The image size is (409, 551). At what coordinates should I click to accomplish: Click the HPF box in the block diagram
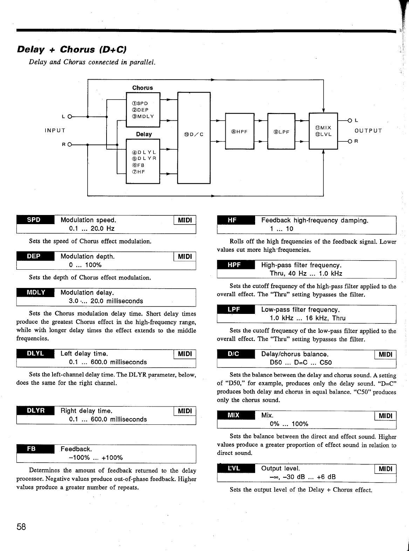[239, 132]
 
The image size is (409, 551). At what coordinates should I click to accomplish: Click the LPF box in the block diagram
[281, 132]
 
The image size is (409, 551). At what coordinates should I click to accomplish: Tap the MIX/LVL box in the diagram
[323, 131]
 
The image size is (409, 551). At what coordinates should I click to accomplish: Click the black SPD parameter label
[34, 220]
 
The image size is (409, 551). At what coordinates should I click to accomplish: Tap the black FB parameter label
[34, 449]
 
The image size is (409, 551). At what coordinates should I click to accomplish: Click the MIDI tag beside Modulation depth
[185, 256]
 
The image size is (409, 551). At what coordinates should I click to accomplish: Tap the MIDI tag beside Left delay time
[185, 354]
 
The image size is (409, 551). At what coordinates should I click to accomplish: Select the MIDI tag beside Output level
[386, 469]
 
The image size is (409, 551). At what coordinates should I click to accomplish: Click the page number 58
[21, 527]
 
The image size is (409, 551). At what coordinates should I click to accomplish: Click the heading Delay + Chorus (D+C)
[71, 49]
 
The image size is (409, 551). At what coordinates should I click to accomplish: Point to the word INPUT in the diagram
[55, 130]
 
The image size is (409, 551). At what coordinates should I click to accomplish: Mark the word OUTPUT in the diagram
[368, 131]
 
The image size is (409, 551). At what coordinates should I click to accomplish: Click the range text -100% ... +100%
[96, 458]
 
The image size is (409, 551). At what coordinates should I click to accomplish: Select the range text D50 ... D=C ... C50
[301, 363]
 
